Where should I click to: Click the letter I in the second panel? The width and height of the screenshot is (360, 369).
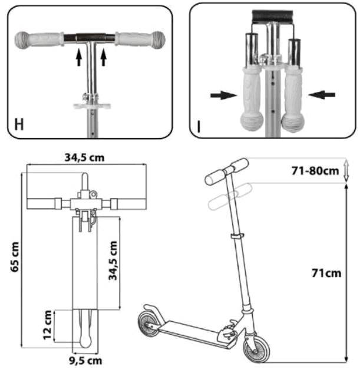[x=200, y=125]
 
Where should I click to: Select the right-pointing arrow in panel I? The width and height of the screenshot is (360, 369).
[x=219, y=94]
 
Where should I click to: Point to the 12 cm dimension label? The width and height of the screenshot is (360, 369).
[x=46, y=326]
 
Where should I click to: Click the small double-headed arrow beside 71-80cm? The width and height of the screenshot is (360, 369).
[x=347, y=170]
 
